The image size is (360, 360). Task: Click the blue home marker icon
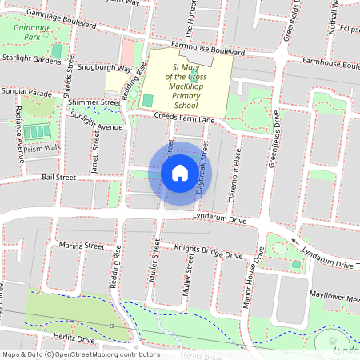[x=180, y=172]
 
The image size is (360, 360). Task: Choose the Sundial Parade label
[x=26, y=92]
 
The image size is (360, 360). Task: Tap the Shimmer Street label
[x=94, y=102]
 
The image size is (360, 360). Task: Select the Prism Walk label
[x=42, y=146]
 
